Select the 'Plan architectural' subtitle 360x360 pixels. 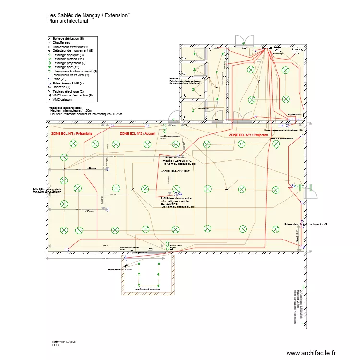(68, 22)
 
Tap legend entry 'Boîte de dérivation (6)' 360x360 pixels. (68, 38)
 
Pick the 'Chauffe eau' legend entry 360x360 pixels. (62, 42)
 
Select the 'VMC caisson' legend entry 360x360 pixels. (62, 99)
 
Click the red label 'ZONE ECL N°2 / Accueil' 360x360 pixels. (137, 134)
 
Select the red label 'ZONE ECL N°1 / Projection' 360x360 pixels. (248, 135)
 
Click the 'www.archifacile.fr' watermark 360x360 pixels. (312, 353)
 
